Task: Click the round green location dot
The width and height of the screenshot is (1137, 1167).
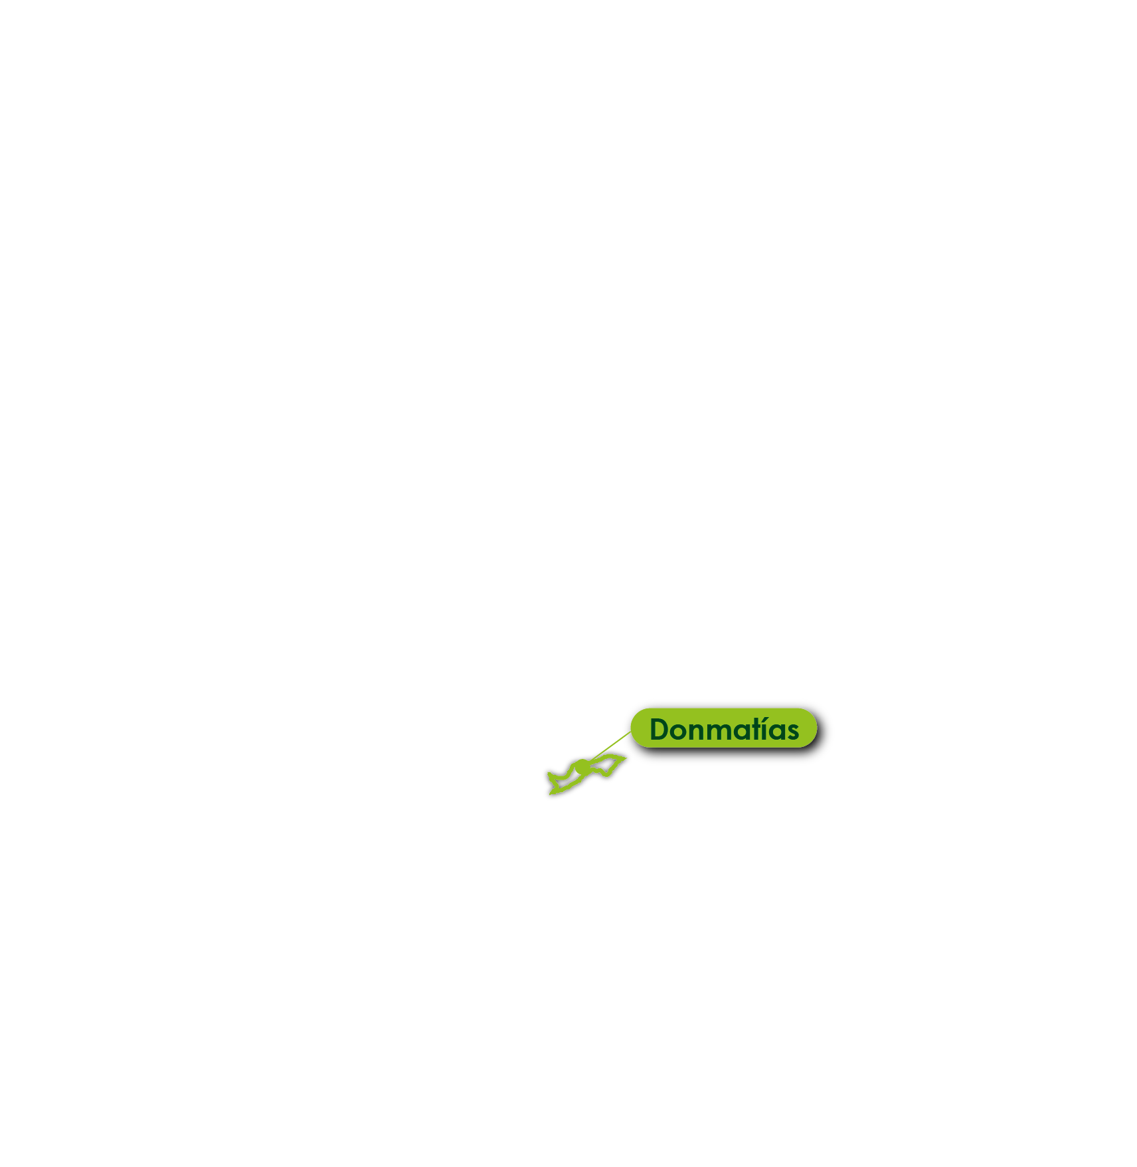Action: tap(582, 767)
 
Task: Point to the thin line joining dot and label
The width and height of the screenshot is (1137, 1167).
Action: tap(607, 749)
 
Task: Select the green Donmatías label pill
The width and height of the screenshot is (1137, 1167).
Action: tap(723, 728)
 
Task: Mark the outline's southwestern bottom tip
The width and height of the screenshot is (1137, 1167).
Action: tap(550, 794)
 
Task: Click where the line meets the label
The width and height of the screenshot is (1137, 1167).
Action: tap(632, 731)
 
